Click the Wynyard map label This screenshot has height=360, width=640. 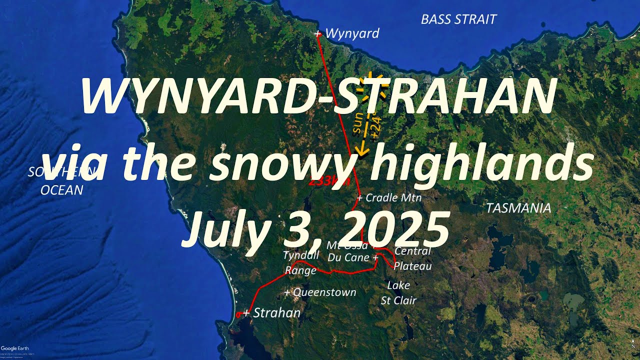(352, 33)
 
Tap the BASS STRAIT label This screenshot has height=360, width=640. (458, 19)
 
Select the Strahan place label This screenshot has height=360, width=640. (276, 313)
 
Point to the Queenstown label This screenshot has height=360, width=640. (324, 292)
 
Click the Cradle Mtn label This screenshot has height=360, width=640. (393, 197)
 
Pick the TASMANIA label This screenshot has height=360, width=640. (518, 208)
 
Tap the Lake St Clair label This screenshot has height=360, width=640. (398, 293)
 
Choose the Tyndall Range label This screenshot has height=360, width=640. (300, 263)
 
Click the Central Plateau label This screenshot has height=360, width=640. (412, 258)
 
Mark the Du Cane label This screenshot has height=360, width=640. (349, 258)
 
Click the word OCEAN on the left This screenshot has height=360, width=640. (61, 190)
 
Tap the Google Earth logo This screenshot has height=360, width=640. (14, 348)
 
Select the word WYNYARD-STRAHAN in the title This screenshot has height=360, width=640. (318, 97)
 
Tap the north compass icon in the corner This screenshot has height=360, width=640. (633, 343)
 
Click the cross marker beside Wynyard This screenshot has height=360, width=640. (318, 33)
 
